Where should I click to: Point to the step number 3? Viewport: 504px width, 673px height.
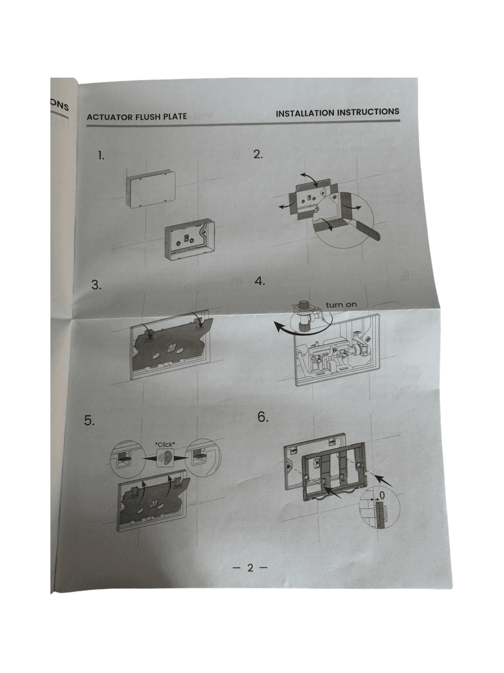coord(97,285)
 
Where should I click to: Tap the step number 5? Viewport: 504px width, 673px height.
coord(89,420)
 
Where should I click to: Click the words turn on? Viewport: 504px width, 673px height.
coord(341,305)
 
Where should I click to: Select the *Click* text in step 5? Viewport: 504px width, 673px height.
coord(165,444)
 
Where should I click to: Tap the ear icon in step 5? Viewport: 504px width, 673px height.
coord(165,458)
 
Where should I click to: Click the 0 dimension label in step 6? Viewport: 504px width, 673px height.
coord(382,495)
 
